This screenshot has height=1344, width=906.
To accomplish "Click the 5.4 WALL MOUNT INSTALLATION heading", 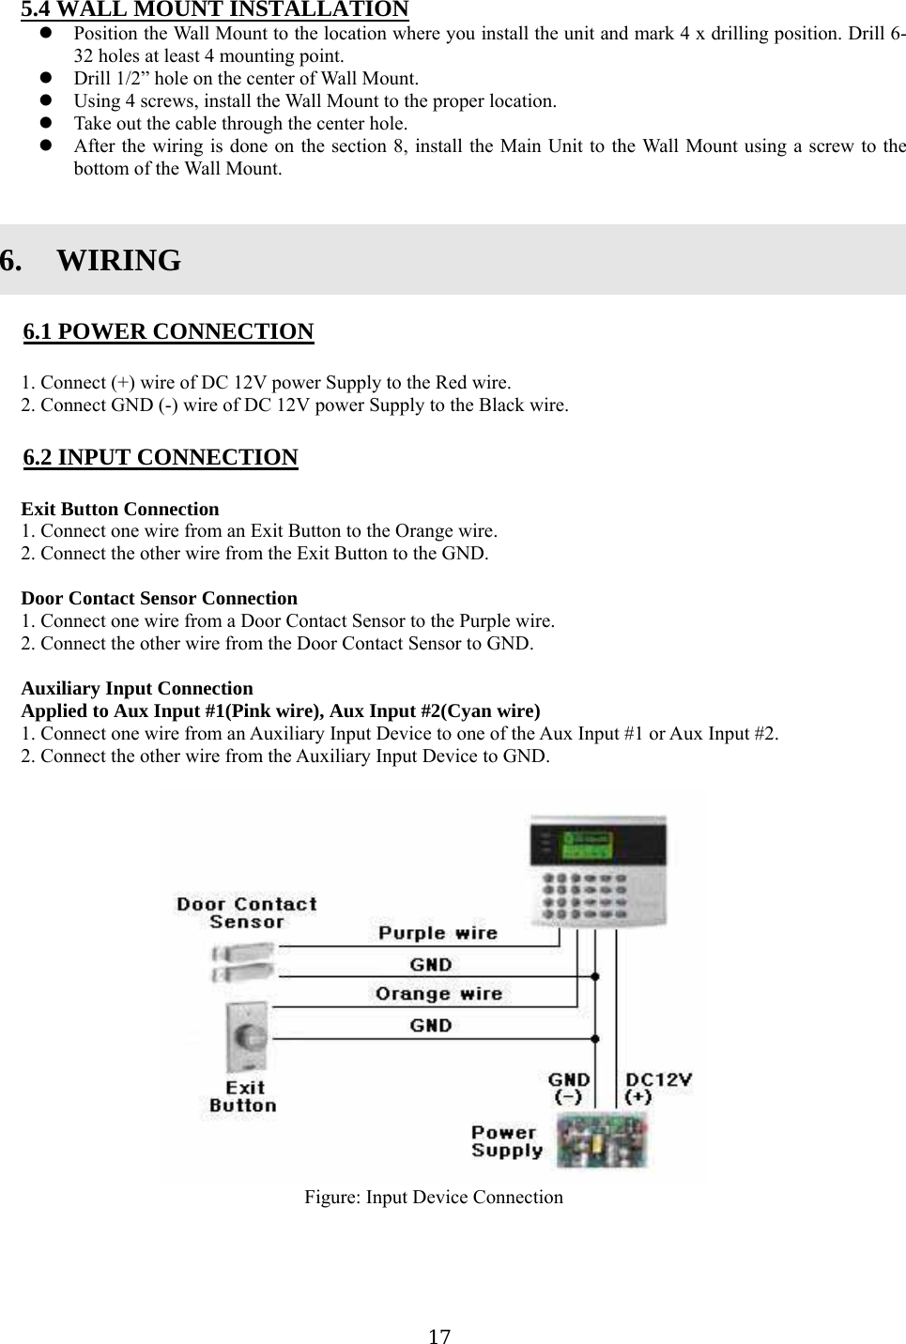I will coord(215,9).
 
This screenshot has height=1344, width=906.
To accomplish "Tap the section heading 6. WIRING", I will coord(91,260).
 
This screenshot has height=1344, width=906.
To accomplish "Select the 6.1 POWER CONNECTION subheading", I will coord(168,331).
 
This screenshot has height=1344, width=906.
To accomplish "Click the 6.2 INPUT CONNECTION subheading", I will coord(160,457).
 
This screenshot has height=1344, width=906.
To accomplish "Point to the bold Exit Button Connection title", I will coord(120,509).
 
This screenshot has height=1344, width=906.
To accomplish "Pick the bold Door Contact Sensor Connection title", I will coord(159,598).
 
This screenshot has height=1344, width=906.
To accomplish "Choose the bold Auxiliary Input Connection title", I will coord(137,688).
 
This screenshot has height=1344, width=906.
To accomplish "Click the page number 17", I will coord(438,1336).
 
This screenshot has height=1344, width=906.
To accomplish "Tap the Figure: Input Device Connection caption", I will coord(433,1197).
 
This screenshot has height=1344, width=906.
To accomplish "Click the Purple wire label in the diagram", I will coord(438,932).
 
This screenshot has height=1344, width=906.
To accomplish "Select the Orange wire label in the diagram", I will coord(438,993).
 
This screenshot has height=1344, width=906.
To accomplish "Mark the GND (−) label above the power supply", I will coord(569,1088).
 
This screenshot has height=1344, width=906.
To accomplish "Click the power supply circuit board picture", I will coord(602,1140).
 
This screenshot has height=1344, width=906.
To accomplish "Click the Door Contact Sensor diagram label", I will coord(247,912).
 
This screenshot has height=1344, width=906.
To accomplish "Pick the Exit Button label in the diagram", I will coord(244,1096).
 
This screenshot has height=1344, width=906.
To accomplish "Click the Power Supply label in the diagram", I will coord(507,1141).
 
